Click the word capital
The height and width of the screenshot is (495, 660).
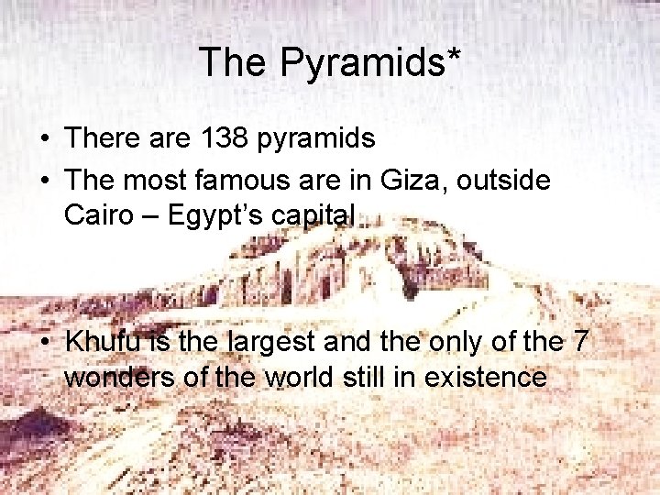click(309, 216)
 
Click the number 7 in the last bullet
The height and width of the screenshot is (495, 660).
click(579, 342)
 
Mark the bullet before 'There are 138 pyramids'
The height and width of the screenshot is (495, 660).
click(44, 139)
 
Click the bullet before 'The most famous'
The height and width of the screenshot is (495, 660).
click(44, 181)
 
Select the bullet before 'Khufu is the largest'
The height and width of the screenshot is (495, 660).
click(44, 343)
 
